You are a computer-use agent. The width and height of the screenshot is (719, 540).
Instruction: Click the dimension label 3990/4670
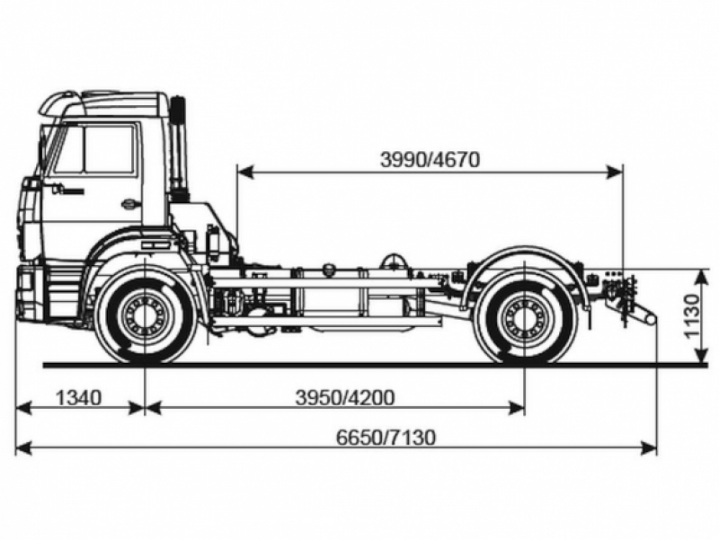430,160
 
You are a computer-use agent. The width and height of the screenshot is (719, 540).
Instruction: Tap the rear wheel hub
524,317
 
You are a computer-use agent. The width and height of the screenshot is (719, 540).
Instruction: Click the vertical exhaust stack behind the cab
178,148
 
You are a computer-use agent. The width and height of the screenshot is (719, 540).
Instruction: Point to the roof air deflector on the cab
103,101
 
